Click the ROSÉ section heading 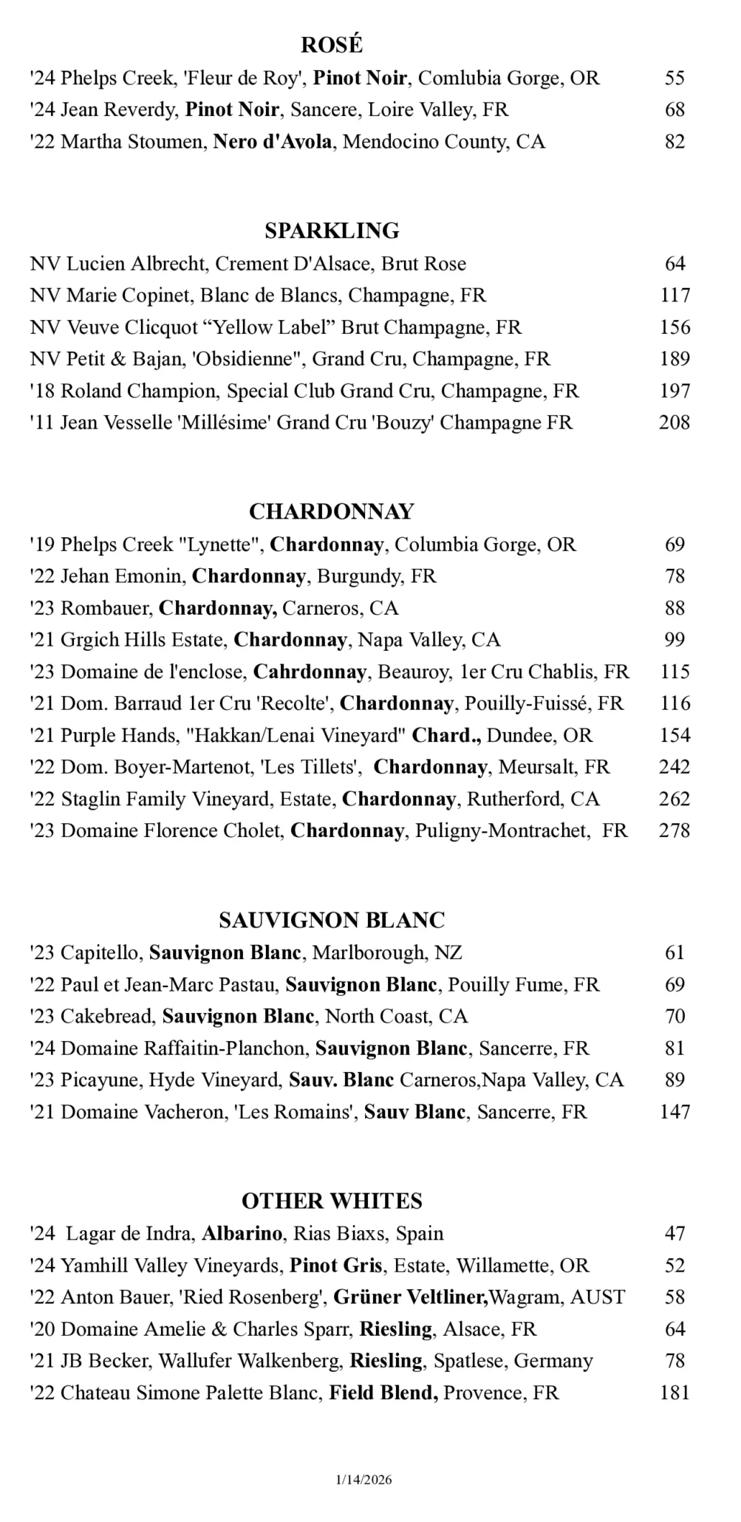pos(332,45)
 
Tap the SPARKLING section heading pos(332,231)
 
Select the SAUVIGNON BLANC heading pos(332,920)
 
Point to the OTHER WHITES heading pos(332,1201)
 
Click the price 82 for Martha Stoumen pos(675,141)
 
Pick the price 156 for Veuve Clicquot pos(675,327)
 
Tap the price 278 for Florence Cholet pos(675,830)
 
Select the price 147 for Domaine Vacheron pos(675,1111)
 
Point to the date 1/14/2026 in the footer pos(363,1479)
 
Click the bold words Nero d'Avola pos(273,141)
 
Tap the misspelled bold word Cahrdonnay pos(310,672)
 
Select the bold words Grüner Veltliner pos(410,1297)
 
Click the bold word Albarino pos(242,1233)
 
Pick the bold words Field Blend pos(383,1393)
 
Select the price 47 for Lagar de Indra pos(675,1233)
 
